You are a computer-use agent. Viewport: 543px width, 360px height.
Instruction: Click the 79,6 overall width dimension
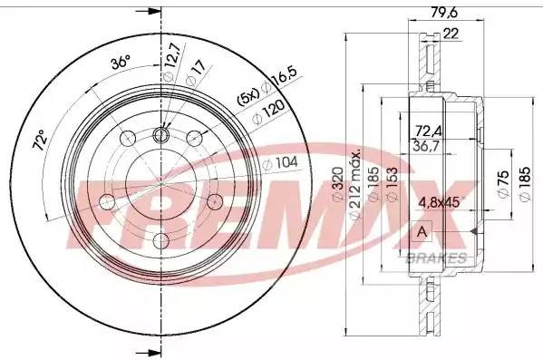click(441, 12)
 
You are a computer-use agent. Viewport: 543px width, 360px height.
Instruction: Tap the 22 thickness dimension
click(449, 34)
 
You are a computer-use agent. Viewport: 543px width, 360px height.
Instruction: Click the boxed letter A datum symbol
click(421, 233)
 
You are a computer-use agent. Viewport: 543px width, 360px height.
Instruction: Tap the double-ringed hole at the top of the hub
click(161, 135)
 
